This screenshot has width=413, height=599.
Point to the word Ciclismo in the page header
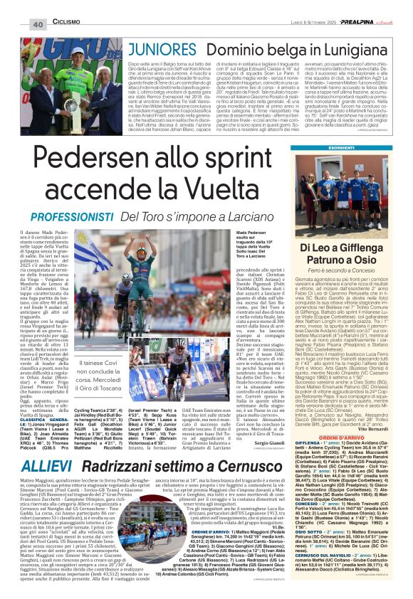pos(66,22)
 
